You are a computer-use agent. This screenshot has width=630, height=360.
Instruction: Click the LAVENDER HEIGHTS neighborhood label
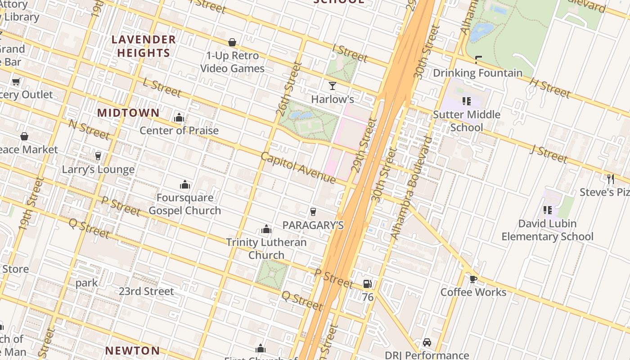pyautogui.click(x=144, y=46)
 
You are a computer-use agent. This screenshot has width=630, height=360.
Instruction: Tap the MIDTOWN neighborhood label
pyautogui.click(x=128, y=112)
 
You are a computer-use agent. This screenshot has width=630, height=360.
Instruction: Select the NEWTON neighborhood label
pyautogui.click(x=133, y=351)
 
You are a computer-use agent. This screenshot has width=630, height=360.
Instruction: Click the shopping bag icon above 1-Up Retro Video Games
pyautogui.click(x=232, y=42)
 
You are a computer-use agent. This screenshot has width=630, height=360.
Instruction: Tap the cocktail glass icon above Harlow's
pyautogui.click(x=333, y=85)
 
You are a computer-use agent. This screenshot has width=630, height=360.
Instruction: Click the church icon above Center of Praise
pyautogui.click(x=179, y=118)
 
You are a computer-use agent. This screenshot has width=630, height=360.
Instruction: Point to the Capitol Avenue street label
pyautogui.click(x=298, y=168)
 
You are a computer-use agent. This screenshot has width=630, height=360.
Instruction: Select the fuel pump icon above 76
pyautogui.click(x=368, y=284)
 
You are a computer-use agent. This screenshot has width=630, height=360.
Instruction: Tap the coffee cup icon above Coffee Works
pyautogui.click(x=473, y=279)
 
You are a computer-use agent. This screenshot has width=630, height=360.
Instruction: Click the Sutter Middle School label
pyautogui.click(x=467, y=121)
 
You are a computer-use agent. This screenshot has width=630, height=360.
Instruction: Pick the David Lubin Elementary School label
pyautogui.click(x=547, y=230)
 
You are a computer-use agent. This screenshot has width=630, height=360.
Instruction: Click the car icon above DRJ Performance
pyautogui.click(x=427, y=342)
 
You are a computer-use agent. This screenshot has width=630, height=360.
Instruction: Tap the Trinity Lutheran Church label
pyautogui.click(x=266, y=248)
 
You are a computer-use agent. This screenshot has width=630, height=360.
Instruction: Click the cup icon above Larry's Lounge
pyautogui.click(x=98, y=156)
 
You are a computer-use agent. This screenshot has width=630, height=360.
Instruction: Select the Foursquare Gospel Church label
pyautogui.click(x=184, y=204)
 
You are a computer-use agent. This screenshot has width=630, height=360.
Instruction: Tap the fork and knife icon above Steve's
pyautogui.click(x=610, y=179)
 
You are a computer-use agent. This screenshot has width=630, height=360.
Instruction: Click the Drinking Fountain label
pyautogui.click(x=477, y=73)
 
